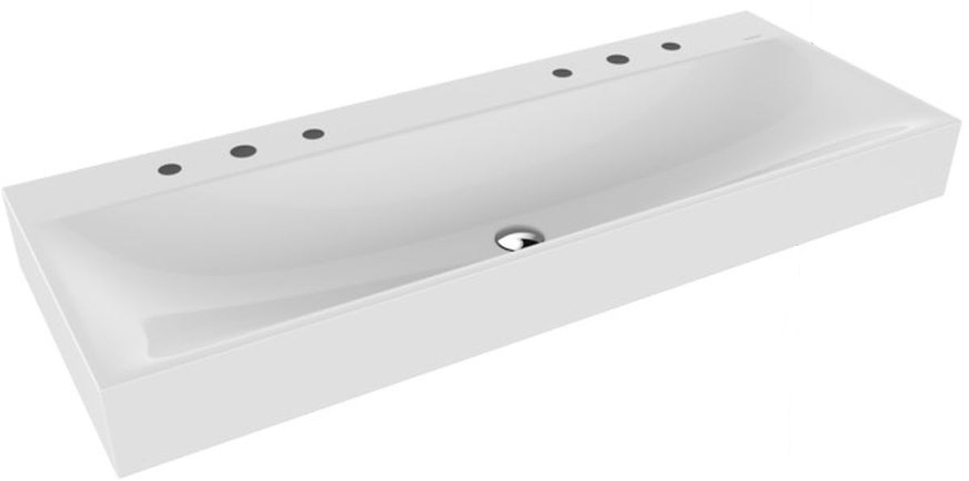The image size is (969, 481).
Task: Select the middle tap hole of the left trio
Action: point(241,150)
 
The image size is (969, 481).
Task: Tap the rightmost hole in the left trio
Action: point(313,133)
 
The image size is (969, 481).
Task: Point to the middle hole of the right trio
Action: point(618,59)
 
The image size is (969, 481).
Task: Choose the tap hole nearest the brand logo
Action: point(669,46)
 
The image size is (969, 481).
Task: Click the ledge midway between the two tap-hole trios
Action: point(436,103)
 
